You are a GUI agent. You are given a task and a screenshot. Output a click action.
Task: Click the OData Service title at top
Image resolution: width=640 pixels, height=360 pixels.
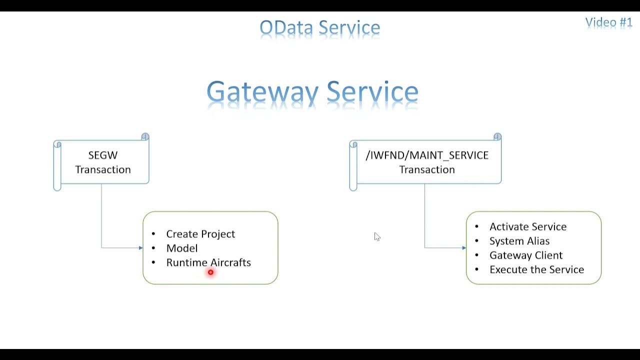point(319,28)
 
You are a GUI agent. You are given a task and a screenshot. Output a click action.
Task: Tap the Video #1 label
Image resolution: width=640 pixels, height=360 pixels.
point(608,22)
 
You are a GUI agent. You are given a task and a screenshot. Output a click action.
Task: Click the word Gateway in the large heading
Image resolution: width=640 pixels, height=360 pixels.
point(262,92)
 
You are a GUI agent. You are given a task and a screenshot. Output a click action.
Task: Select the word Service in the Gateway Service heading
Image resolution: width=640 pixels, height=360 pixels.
point(372,92)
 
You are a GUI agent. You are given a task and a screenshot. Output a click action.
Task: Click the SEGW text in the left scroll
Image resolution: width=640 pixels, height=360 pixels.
point(102,155)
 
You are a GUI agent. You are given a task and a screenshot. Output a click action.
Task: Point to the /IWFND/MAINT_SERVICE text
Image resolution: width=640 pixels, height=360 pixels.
point(427,155)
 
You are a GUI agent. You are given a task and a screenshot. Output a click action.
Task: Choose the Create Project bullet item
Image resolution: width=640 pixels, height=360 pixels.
point(200,234)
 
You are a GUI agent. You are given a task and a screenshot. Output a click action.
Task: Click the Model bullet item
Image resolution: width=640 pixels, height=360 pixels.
point(182,248)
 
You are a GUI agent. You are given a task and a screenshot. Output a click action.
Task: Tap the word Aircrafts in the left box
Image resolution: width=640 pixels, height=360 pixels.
point(230,262)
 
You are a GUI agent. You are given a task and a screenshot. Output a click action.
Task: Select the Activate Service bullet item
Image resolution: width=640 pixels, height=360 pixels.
point(527,226)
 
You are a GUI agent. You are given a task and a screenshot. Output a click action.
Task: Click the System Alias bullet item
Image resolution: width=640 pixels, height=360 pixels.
point(519,241)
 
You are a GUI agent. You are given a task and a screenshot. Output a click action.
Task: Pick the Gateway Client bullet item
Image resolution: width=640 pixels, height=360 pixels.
point(525,255)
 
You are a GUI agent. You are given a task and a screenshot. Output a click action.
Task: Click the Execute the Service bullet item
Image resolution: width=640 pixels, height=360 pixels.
point(536,269)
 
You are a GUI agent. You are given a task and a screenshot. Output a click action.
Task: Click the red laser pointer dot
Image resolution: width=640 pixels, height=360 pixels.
point(210,272)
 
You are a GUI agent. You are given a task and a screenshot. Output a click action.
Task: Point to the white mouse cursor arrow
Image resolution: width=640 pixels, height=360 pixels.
point(376,236)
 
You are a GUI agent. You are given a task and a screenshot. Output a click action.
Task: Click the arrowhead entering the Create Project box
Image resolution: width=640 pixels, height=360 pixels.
point(141,248)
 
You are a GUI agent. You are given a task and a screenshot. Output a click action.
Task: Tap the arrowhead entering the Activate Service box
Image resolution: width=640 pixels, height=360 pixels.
point(464,248)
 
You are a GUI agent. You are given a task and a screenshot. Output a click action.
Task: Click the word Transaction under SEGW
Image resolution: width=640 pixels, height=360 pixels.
point(102,169)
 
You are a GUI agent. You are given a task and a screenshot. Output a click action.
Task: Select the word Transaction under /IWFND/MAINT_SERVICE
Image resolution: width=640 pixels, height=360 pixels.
point(427,169)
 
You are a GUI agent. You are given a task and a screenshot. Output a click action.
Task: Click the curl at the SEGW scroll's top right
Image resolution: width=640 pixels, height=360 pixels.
point(145,137)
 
